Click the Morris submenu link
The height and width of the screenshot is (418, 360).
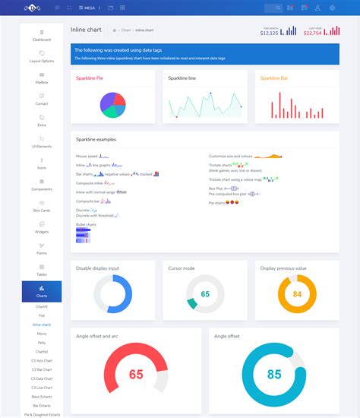tap(42, 334)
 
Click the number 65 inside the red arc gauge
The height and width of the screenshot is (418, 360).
tap(136, 374)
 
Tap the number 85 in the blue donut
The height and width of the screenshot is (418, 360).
tap(273, 374)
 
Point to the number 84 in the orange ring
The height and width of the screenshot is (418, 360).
tap(297, 293)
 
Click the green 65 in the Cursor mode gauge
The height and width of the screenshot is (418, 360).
tap(205, 293)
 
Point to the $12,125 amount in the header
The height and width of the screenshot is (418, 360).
tap(269, 33)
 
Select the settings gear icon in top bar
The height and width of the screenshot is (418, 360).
tap(332, 8)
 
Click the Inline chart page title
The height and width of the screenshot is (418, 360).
tap(86, 30)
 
